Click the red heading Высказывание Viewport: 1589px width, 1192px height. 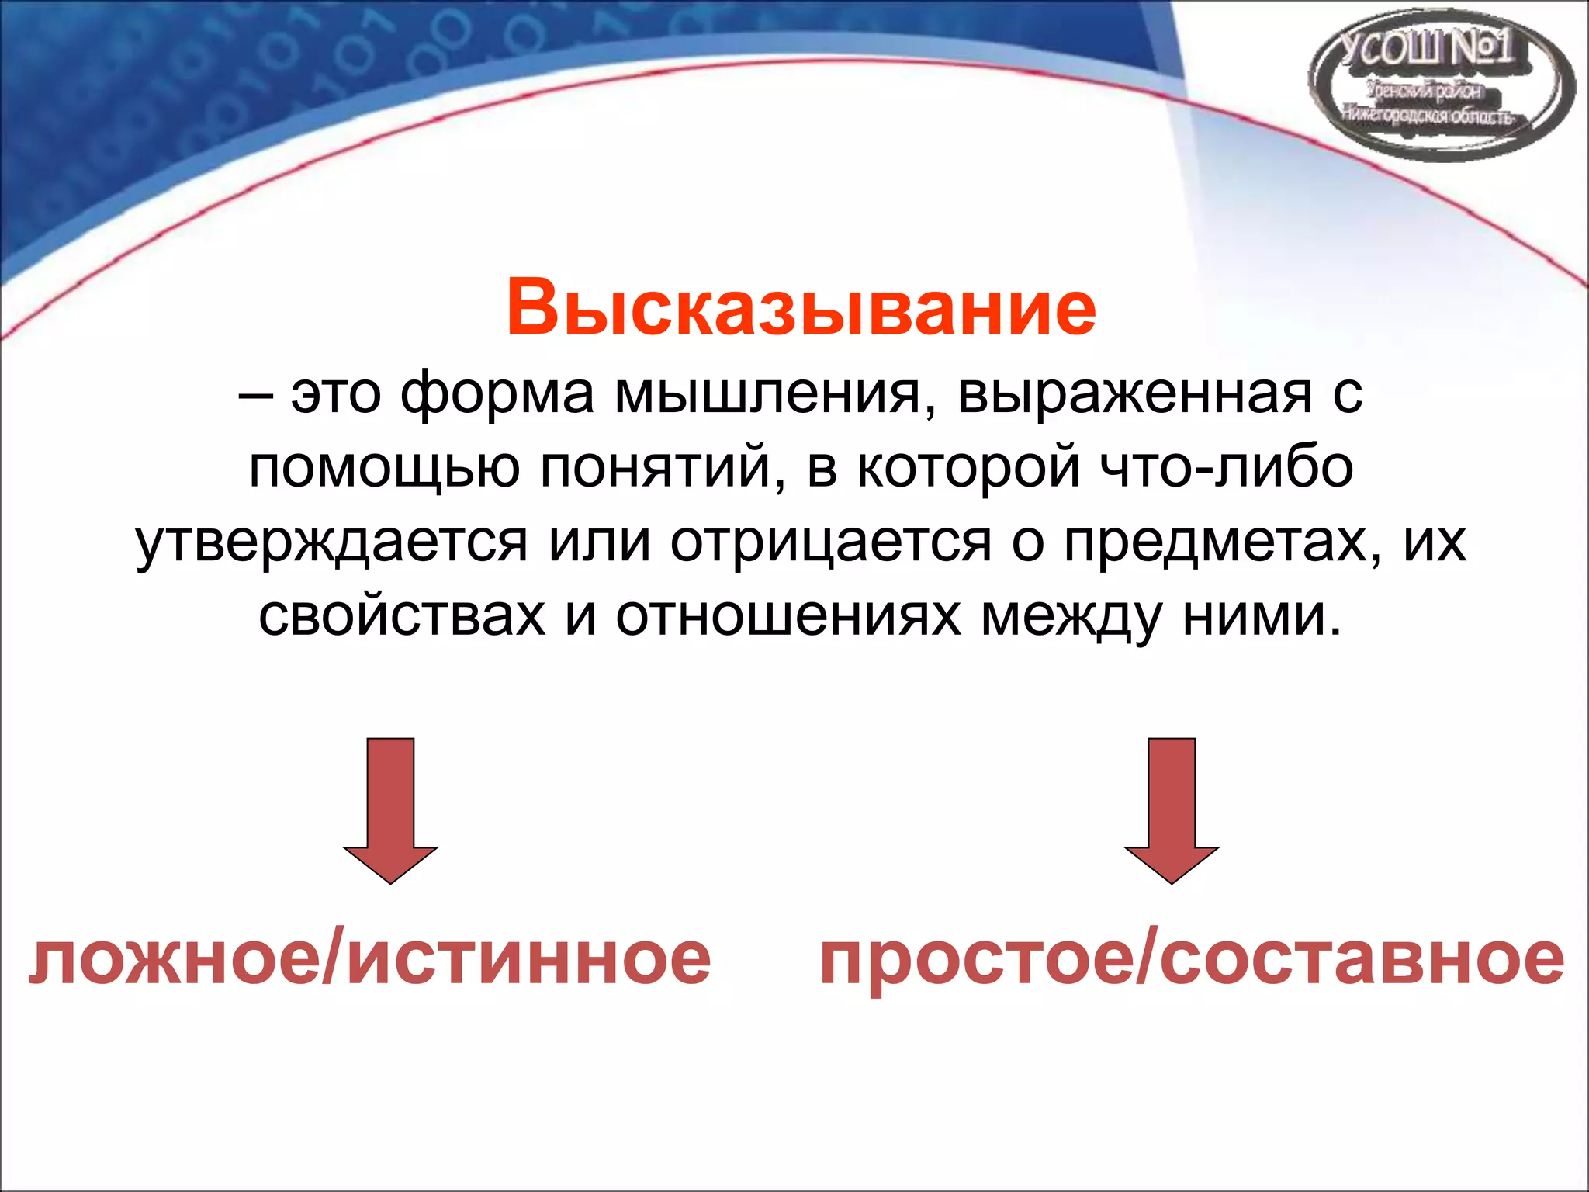801,308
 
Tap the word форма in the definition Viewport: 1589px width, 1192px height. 497,394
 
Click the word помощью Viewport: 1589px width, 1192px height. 384,470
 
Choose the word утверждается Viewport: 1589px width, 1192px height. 332,543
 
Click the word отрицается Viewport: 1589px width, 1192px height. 831,543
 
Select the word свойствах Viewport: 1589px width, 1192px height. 402,616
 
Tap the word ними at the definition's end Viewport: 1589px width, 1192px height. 1261,616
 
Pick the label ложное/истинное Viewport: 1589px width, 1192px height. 369,961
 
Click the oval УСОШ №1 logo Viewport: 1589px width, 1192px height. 1441,85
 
